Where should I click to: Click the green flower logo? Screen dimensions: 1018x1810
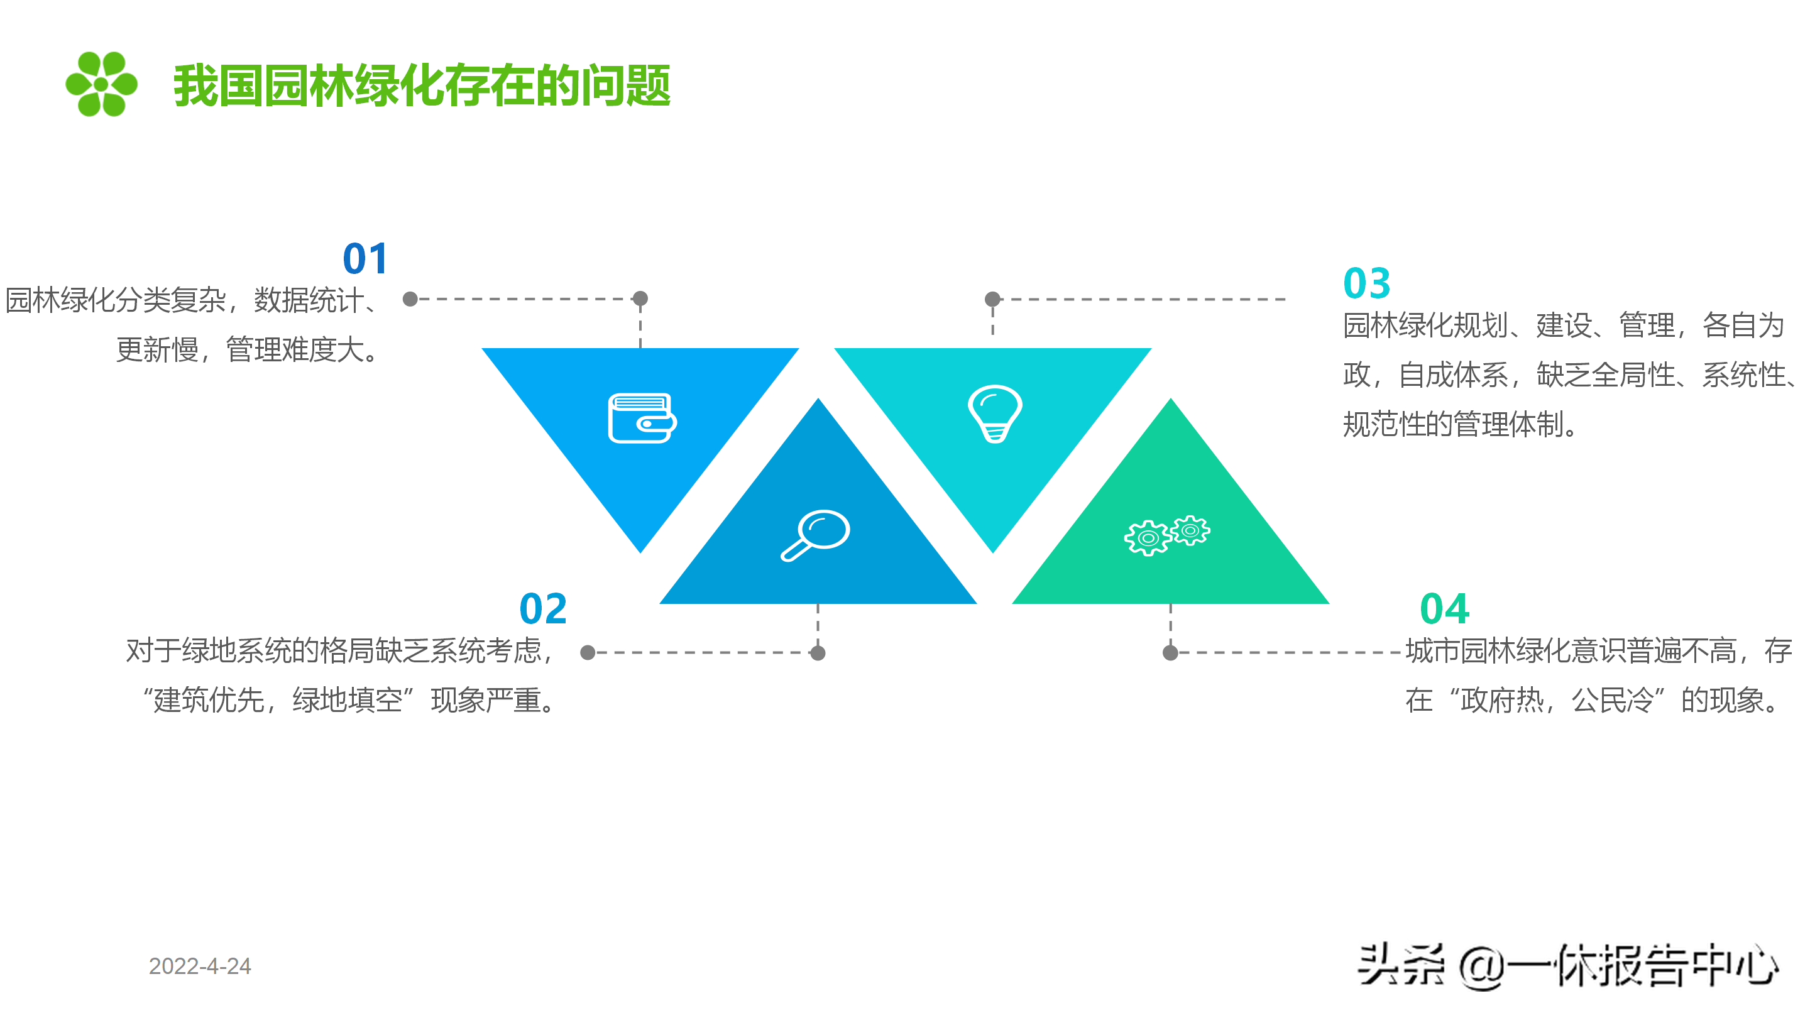101,84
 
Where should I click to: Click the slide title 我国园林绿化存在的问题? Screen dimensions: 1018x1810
422,85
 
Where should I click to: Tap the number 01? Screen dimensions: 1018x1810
365,258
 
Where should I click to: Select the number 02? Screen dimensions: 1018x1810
542,608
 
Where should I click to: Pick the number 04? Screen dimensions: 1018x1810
1444,608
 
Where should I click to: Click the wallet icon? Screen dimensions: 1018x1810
642,418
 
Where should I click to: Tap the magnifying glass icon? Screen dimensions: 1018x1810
816,535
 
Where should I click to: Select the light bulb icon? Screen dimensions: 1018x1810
994,413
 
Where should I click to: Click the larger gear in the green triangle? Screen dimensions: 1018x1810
1148,538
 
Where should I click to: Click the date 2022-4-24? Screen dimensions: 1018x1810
200,966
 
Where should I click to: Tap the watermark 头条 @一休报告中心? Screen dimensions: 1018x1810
1567,966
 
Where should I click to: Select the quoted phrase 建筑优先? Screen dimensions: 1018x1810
209,701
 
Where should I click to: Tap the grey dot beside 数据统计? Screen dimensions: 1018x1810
410,299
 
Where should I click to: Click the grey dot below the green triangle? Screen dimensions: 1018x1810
1170,653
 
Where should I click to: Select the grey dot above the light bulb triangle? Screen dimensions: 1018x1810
992,299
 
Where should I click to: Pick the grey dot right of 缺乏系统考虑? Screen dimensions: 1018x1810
588,653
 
